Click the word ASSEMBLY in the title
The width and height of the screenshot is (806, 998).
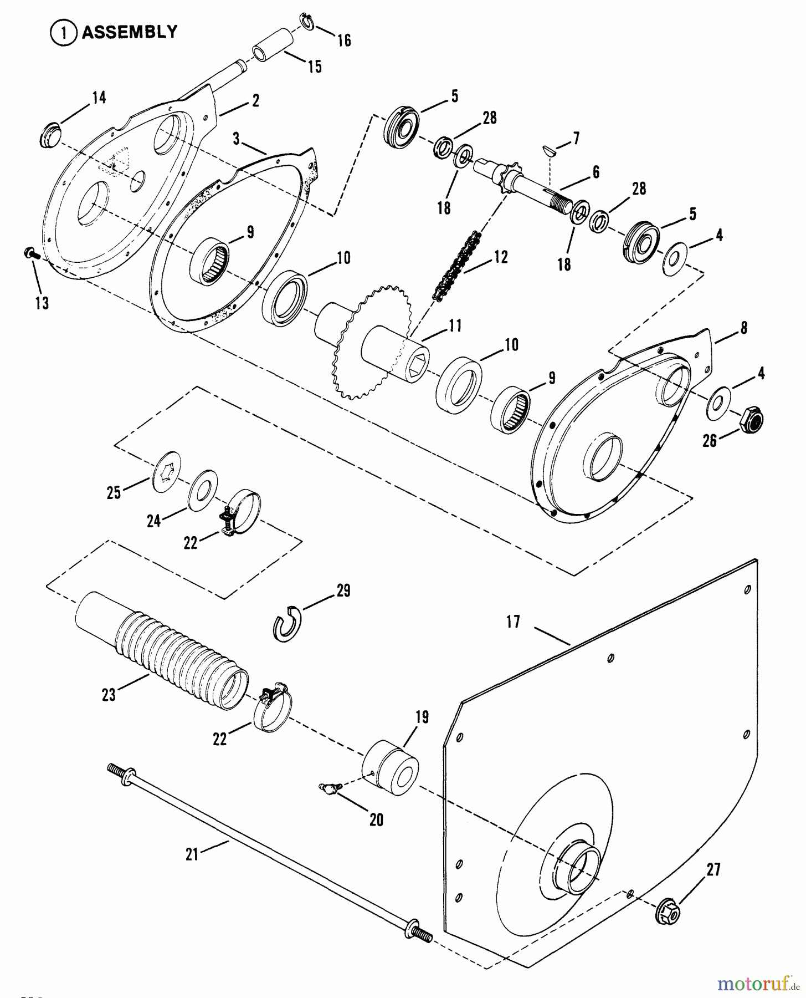[130, 32]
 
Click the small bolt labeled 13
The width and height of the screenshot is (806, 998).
[30, 254]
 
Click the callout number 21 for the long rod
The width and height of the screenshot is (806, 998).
[192, 855]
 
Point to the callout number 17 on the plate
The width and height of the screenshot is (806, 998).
[513, 622]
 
